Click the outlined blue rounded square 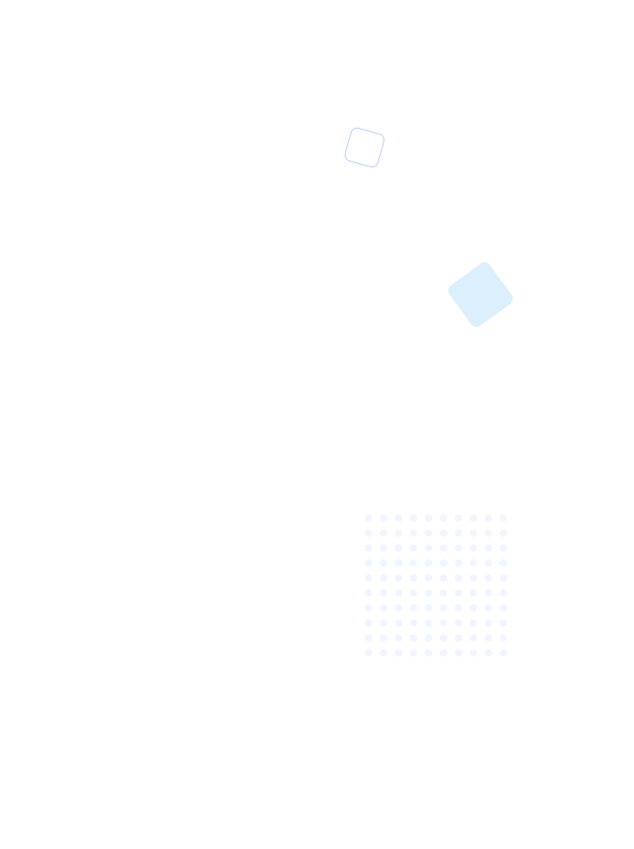pos(364,148)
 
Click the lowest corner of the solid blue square pos(477,326)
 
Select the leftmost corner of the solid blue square pos(449,291)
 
